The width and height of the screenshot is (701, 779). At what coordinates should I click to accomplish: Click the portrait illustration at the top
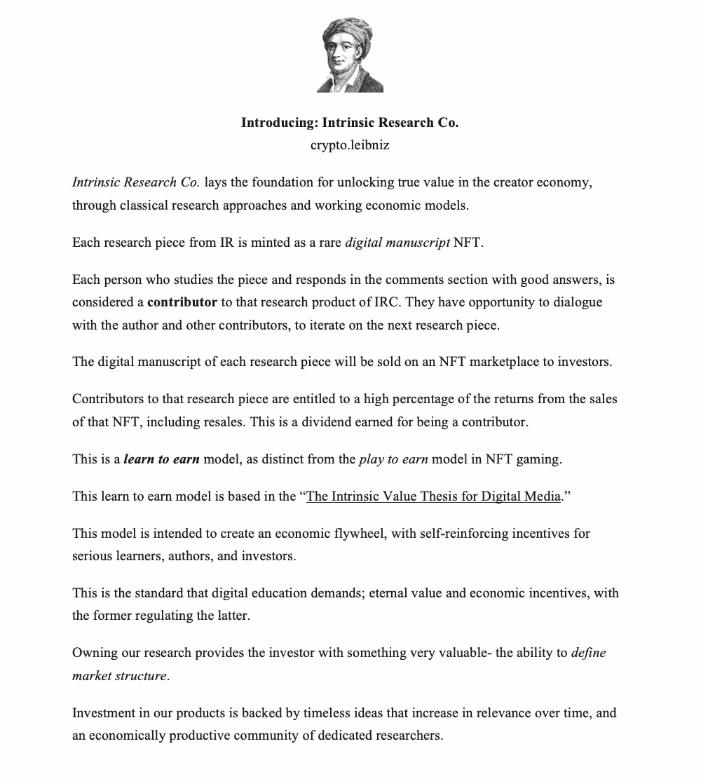click(x=350, y=56)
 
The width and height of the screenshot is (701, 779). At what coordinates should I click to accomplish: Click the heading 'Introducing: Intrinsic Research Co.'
click(x=350, y=123)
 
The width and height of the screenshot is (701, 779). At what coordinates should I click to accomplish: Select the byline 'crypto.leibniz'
click(x=350, y=145)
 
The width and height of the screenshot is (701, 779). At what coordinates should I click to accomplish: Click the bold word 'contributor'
click(x=182, y=302)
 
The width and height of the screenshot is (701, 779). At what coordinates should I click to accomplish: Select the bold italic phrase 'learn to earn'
click(x=162, y=459)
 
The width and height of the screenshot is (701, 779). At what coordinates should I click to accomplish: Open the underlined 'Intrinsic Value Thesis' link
click(x=434, y=496)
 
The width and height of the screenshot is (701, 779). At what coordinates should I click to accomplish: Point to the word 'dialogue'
click(x=577, y=302)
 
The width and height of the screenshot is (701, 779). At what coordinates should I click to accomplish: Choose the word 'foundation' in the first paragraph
click(x=263, y=182)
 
